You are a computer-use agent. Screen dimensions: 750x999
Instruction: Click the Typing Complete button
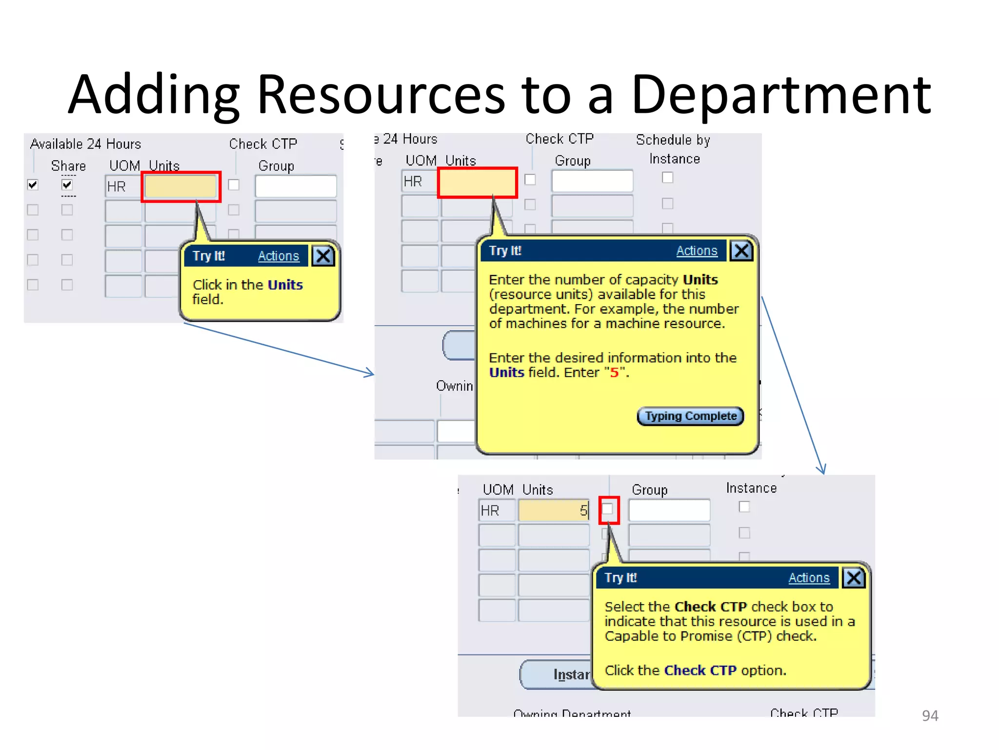[x=690, y=416]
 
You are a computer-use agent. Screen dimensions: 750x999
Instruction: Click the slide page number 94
[x=930, y=715]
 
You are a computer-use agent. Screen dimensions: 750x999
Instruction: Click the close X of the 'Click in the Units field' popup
[x=323, y=256]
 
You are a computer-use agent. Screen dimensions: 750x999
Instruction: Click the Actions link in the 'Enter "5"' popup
[x=697, y=251]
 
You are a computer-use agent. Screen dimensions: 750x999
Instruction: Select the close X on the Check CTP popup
[x=854, y=578]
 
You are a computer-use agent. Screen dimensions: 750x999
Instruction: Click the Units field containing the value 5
[x=554, y=511]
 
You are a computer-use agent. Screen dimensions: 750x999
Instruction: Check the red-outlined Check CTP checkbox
[x=608, y=510]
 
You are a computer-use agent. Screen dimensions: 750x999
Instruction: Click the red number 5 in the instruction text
[x=614, y=373]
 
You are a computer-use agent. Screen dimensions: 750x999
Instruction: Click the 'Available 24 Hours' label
[x=85, y=144]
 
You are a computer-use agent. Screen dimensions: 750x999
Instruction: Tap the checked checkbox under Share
[x=67, y=185]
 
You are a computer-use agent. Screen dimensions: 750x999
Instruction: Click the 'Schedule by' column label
[x=673, y=140]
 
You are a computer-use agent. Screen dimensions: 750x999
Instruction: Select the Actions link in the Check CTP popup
[x=809, y=578]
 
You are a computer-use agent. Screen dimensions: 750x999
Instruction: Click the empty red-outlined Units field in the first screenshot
[x=181, y=187]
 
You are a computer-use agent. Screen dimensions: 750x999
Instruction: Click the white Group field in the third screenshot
[x=669, y=511]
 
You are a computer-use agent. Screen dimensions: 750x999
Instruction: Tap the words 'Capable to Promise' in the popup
[x=668, y=636]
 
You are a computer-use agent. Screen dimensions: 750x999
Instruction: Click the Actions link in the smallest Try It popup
[x=278, y=256]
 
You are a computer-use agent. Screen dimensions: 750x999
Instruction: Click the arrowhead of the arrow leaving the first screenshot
[x=370, y=374]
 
